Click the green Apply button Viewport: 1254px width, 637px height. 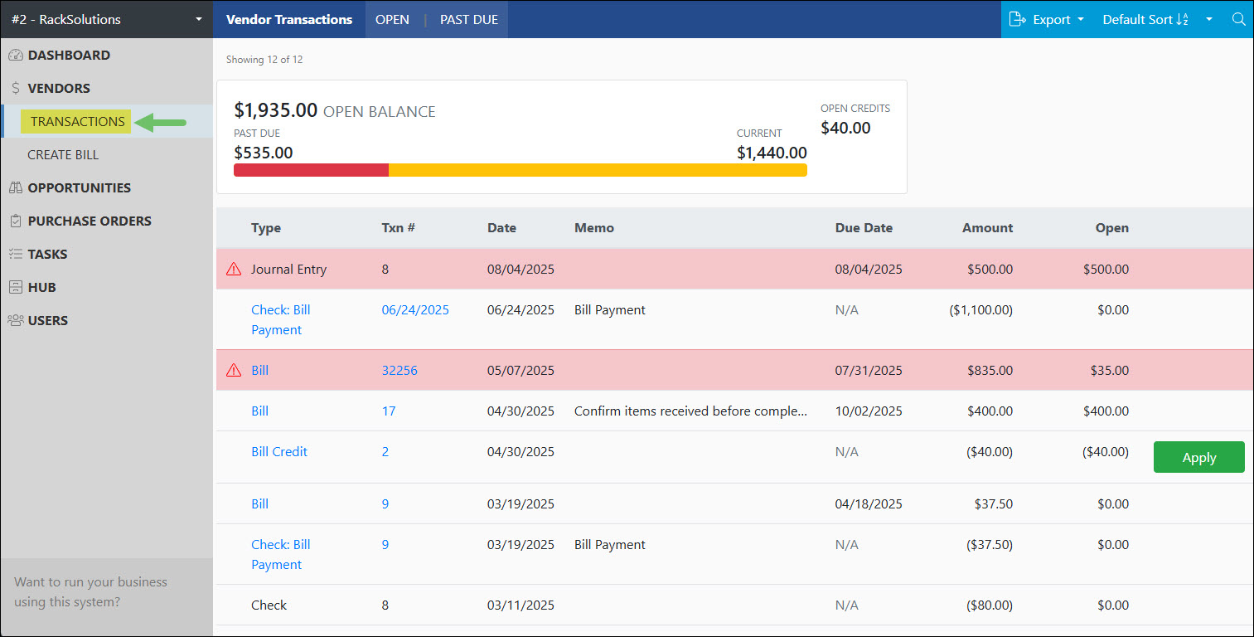pos(1198,457)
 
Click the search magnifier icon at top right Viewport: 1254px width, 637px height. pos(1238,19)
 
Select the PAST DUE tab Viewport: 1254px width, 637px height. pos(468,19)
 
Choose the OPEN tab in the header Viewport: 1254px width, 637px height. pos(392,19)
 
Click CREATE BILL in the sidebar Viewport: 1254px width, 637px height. pos(63,154)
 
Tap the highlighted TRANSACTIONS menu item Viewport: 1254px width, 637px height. pos(77,121)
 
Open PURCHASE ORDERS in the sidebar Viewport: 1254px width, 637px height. pos(90,221)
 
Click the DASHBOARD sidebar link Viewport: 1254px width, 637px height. pos(69,55)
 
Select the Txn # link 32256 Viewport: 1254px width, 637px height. pos(399,370)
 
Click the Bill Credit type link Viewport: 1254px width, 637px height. pos(279,451)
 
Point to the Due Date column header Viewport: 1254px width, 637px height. pos(864,227)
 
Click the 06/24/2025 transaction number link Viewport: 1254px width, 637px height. pos(415,309)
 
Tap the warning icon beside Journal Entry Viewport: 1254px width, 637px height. pos(234,269)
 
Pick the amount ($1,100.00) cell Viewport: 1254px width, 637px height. pos(980,309)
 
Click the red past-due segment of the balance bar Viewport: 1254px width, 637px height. pos(311,170)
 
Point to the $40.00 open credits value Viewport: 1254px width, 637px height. pos(845,128)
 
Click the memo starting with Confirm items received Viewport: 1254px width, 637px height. pos(690,411)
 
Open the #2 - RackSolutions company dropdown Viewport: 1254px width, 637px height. pos(106,19)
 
